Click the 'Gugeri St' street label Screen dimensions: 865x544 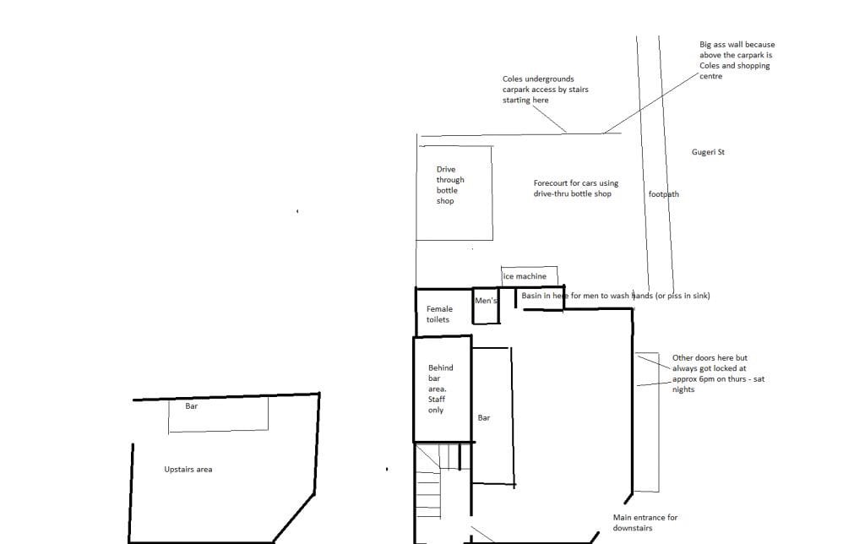(708, 152)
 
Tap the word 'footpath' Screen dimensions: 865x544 (664, 194)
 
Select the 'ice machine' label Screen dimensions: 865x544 (525, 276)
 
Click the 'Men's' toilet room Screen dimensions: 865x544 (486, 305)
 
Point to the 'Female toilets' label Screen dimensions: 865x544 (439, 314)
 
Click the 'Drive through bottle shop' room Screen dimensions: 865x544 (454, 193)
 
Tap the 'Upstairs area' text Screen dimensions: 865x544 (188, 470)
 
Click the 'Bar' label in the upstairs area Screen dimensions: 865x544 (192, 406)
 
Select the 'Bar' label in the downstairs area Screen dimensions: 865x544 (484, 417)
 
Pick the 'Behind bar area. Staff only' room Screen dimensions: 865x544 (443, 389)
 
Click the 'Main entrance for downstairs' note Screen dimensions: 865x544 (645, 523)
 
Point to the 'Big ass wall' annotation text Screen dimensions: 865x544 (737, 60)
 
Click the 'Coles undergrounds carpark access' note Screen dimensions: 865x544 (545, 90)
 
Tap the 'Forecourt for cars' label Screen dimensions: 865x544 (575, 188)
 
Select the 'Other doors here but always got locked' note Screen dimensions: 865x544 (718, 373)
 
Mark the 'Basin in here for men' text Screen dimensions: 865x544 (616, 296)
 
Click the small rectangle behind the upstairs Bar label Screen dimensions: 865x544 (219, 415)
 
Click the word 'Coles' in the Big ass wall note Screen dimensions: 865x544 (710, 66)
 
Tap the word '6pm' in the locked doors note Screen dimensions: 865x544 (718, 379)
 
